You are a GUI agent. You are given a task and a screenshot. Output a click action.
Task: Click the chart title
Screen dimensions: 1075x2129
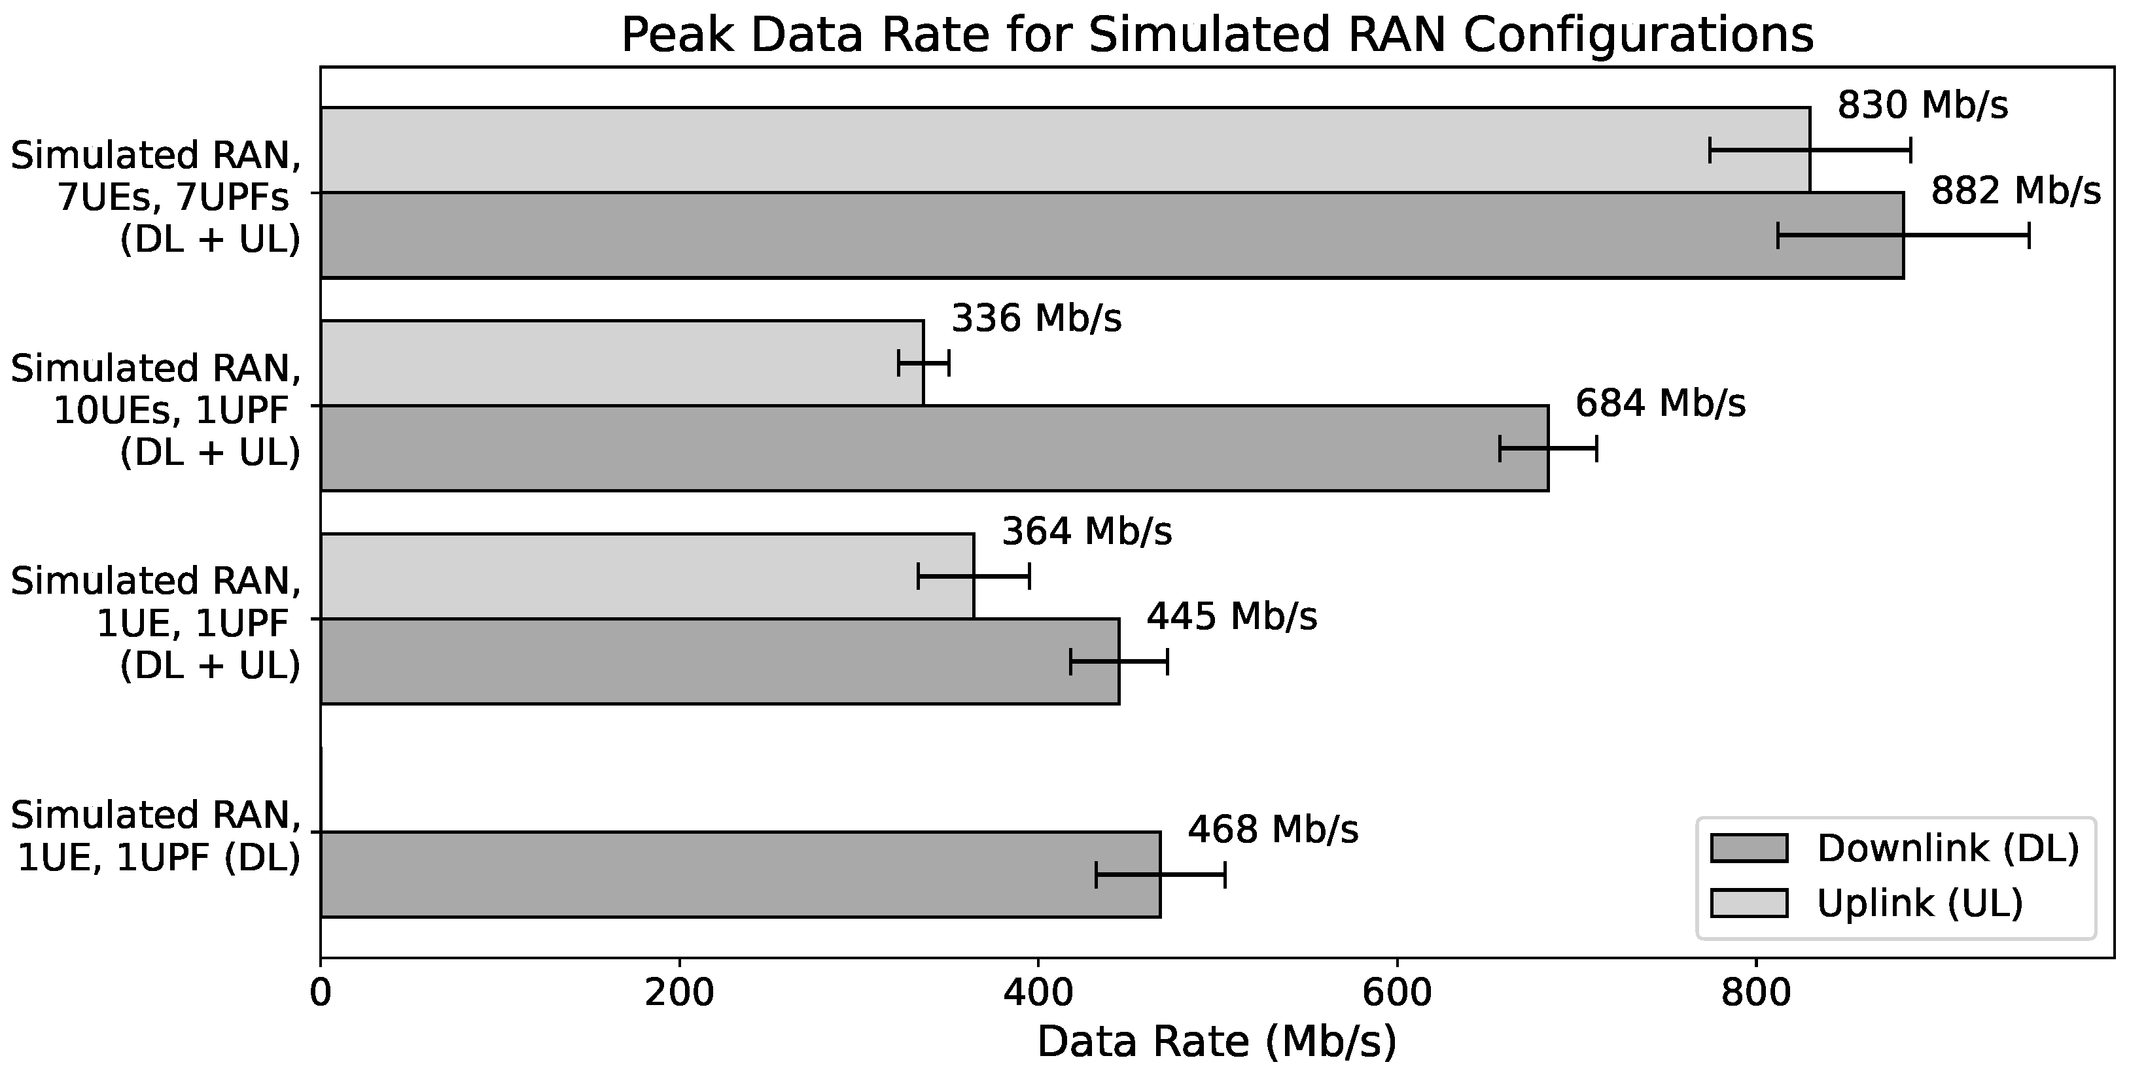tap(1216, 35)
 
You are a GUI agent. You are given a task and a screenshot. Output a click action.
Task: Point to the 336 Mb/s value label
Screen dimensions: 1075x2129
tap(1036, 318)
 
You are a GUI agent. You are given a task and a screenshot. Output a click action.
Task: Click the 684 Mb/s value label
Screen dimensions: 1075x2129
tap(1660, 404)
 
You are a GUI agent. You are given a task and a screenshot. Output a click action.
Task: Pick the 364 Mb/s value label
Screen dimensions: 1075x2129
tap(1086, 532)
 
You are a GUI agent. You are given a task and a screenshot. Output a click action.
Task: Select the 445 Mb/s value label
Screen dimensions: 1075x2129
tap(1231, 617)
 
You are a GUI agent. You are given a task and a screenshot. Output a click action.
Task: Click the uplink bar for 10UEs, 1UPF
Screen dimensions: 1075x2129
tap(620, 364)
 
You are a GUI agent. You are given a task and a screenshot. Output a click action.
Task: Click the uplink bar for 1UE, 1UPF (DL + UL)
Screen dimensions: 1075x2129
tap(644, 576)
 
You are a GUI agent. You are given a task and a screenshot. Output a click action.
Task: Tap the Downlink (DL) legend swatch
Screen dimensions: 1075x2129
tap(1749, 847)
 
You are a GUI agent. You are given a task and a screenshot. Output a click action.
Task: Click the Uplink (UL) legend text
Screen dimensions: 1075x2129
tap(1919, 903)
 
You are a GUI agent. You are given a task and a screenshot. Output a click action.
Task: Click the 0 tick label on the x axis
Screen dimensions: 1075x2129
tap(321, 993)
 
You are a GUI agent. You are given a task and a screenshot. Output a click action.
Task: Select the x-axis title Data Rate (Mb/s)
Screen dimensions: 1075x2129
tap(1216, 1042)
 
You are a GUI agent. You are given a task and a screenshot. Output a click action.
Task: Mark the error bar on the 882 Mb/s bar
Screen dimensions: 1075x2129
tap(1903, 235)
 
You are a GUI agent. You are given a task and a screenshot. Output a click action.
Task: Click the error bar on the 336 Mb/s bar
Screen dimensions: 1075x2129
tap(923, 364)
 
